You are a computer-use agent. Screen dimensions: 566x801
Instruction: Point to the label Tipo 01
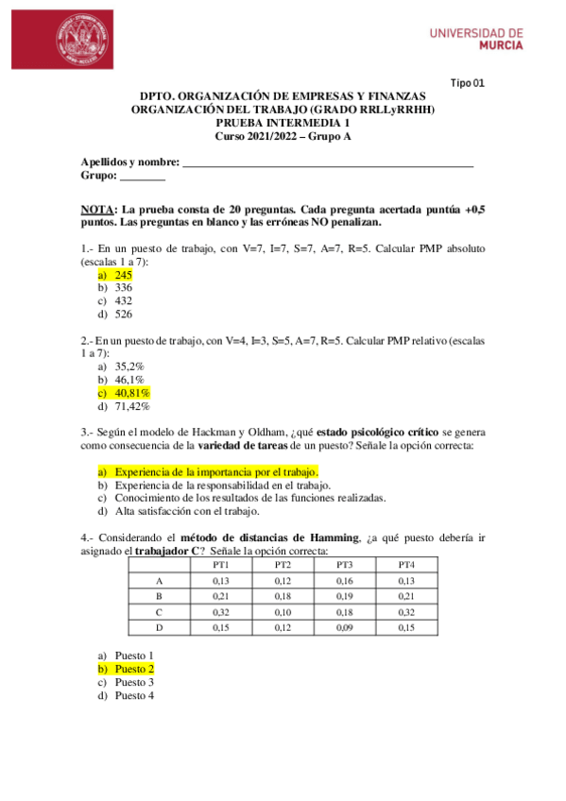point(467,83)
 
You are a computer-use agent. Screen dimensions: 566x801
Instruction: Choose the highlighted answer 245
point(123,274)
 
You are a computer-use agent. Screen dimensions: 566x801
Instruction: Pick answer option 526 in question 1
point(123,314)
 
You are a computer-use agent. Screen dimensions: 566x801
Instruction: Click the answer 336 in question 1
point(123,287)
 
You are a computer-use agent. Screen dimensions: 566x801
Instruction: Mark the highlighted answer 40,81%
point(132,393)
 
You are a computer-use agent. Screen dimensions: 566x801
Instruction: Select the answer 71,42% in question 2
point(132,406)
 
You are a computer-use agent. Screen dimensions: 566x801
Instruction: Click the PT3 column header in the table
point(344,564)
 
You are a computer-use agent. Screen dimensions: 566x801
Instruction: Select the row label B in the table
point(159,596)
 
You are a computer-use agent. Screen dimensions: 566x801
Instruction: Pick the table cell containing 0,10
point(283,611)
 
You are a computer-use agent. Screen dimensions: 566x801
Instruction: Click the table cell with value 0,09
point(344,627)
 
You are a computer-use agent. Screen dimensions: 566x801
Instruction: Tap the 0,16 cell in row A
point(344,580)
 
